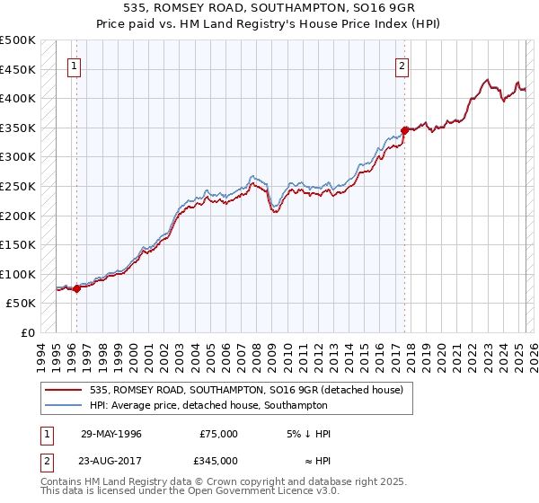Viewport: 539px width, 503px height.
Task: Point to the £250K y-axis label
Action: point(18,186)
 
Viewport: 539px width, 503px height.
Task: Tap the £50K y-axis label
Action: point(22,304)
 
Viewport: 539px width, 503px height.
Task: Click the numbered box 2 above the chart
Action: point(402,66)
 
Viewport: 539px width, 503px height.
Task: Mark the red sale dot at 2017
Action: point(405,130)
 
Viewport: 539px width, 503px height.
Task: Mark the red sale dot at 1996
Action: point(76,288)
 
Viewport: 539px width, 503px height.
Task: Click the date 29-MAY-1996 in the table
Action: point(111,434)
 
